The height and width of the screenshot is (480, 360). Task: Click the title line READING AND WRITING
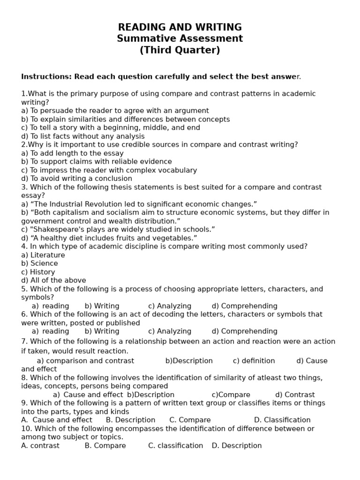tap(180, 27)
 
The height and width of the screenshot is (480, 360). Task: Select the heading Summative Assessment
tap(180, 38)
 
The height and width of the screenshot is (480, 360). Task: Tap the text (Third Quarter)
tap(180, 50)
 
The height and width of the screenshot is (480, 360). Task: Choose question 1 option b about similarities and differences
tap(125, 119)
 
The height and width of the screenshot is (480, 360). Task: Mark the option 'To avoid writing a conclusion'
tap(76, 179)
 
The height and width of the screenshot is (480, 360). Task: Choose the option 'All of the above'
tap(53, 280)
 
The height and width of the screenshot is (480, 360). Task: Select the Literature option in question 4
tap(43, 255)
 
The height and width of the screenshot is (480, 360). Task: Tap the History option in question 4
tap(38, 272)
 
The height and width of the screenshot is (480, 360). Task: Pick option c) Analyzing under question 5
tap(170, 306)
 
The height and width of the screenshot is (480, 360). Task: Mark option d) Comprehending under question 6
tap(244, 331)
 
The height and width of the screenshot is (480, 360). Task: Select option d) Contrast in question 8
tap(295, 395)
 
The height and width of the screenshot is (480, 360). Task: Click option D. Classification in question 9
tap(282, 420)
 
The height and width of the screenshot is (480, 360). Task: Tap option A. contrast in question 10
tap(40, 445)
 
